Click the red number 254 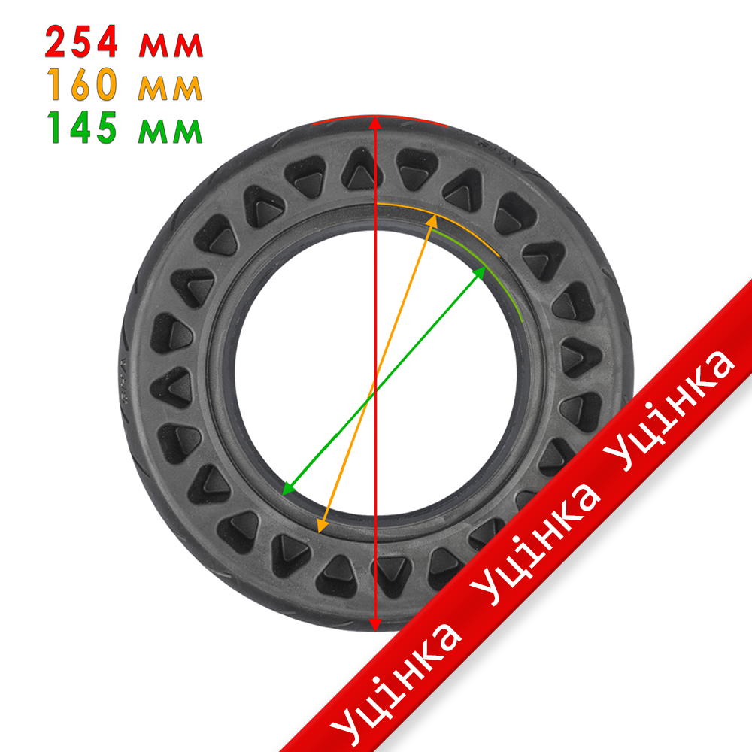coord(81,44)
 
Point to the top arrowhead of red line coord(375,123)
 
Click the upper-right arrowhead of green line coord(481,271)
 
